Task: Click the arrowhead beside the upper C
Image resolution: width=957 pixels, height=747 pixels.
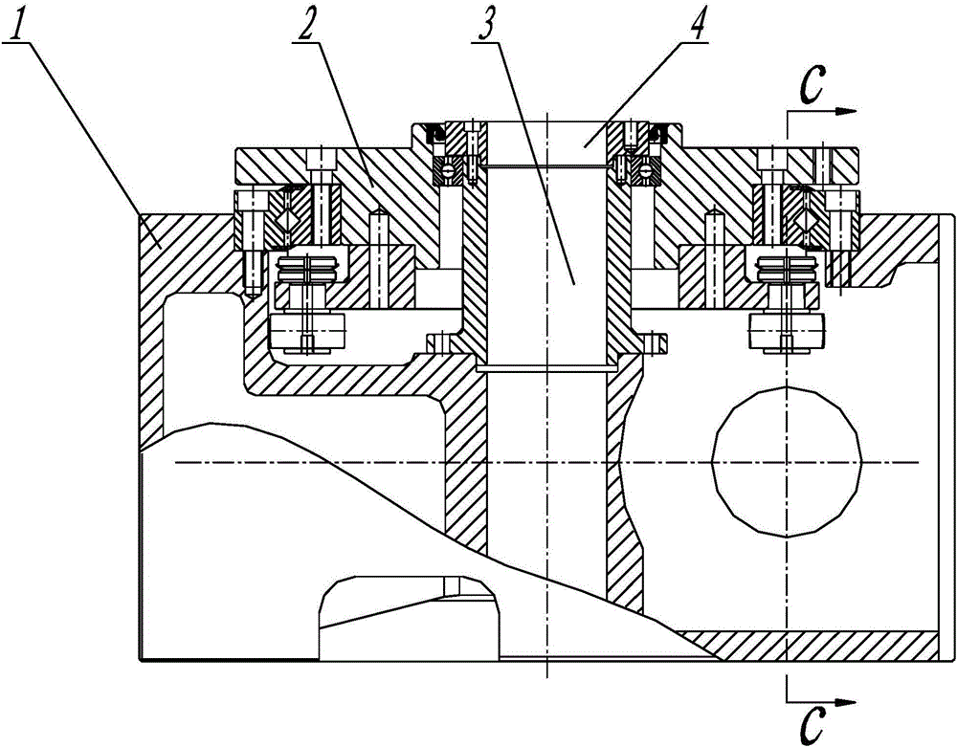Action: click(x=845, y=112)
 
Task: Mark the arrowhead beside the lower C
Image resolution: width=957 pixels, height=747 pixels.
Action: click(x=845, y=702)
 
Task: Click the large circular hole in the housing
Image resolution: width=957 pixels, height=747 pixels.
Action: click(x=788, y=461)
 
